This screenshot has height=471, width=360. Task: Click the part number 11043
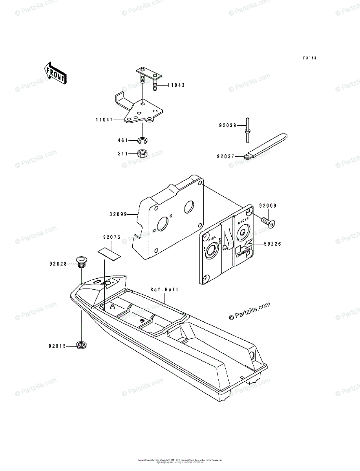click(176, 85)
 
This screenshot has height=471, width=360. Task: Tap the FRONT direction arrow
click(55, 73)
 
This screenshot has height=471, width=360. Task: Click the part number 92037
click(226, 156)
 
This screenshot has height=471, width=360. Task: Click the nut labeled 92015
click(82, 345)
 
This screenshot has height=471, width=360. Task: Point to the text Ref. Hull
click(164, 290)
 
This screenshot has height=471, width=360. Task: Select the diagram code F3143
click(309, 58)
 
